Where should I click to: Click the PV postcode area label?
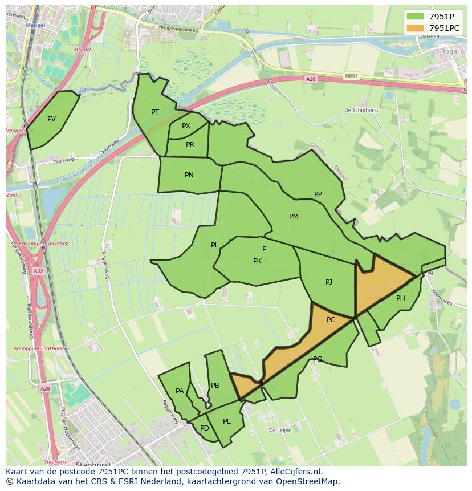tap(51, 119)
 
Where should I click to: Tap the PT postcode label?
tap(155, 112)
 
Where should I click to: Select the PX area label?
tap(186, 126)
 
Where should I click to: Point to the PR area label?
tap(190, 145)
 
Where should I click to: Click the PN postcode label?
tap(189, 175)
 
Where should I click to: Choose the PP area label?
tap(318, 194)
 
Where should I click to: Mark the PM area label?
tap(294, 217)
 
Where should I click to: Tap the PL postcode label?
tap(214, 245)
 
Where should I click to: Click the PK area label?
tap(257, 261)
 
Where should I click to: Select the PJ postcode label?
tap(329, 282)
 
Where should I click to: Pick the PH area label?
tap(401, 298)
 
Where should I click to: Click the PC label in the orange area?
tap(331, 320)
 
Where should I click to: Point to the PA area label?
tap(180, 391)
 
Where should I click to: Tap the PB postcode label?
tap(215, 386)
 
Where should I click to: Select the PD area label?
tap(204, 428)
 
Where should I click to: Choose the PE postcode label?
tap(227, 421)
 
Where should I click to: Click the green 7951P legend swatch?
tap(416, 16)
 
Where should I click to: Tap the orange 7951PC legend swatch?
tap(416, 28)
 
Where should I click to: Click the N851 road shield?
tap(352, 75)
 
